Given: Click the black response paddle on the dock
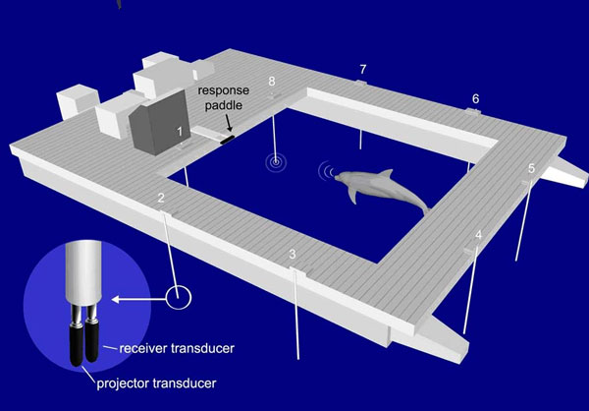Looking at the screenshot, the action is pos(228,140).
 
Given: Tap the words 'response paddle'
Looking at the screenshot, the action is pos(224,98).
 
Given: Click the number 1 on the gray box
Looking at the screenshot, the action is pos(180,132).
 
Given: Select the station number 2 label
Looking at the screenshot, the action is pos(161,198).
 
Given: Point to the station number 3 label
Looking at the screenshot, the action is pos(293,255).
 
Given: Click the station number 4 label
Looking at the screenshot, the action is pos(479,235).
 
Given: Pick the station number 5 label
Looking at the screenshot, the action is pos(531,168).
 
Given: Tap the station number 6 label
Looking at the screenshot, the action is pos(475,99).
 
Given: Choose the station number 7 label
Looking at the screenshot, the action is pos(362,69).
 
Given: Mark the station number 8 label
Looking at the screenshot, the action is pos(272,82).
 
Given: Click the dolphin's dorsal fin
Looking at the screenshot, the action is pos(386,174).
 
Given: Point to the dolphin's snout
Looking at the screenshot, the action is pos(338,177).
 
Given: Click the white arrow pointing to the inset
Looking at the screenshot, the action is pos(139,300).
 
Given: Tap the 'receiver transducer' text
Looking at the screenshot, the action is pos(177,348).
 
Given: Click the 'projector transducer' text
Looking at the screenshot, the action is pos(157,383).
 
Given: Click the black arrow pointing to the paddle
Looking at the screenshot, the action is pos(229,123).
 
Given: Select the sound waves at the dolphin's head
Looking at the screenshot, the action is pos(326,171).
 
